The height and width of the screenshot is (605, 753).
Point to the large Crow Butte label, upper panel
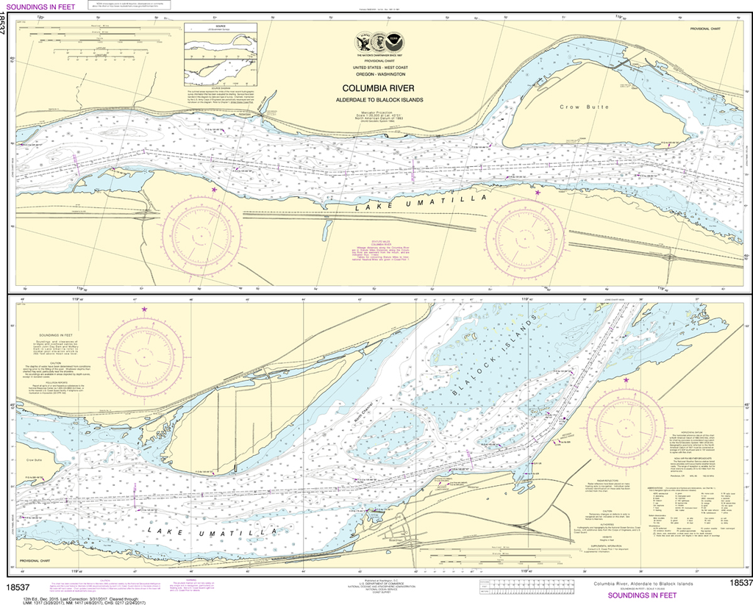coord(574,107)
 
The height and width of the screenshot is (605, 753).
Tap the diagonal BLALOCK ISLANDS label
coord(502,352)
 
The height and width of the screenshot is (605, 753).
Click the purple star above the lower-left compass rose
coord(144,309)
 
